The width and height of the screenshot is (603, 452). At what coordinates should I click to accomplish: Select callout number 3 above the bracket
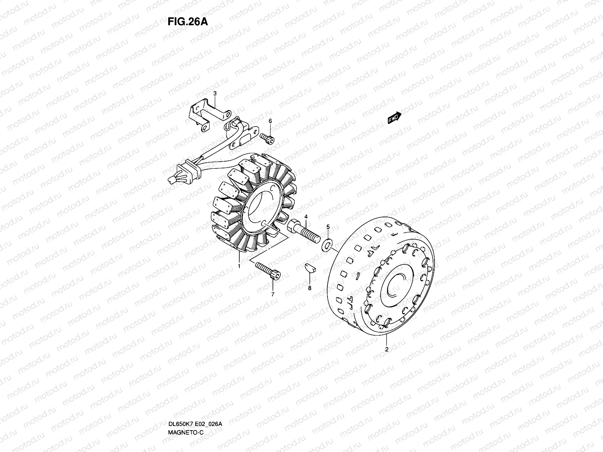[215, 93]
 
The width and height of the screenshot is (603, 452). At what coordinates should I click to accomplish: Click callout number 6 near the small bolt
[270, 121]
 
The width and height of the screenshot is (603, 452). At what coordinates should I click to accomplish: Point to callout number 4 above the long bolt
[306, 217]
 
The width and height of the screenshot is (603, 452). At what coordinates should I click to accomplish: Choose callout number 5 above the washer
[328, 227]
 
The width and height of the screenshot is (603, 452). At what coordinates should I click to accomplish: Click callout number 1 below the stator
[239, 266]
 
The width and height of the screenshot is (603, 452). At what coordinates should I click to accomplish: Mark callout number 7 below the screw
[272, 294]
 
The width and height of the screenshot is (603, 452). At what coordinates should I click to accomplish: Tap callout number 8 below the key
[310, 288]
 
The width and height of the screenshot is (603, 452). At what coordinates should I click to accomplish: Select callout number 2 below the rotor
[387, 349]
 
